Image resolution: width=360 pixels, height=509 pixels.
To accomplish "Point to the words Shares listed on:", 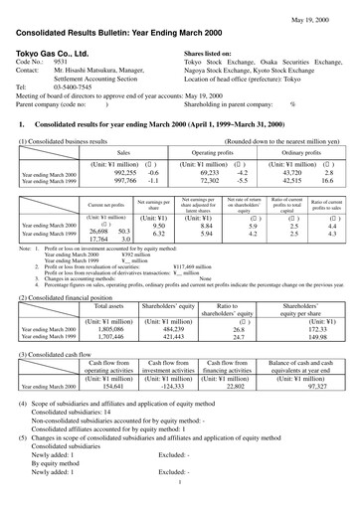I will tap(213, 52).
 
